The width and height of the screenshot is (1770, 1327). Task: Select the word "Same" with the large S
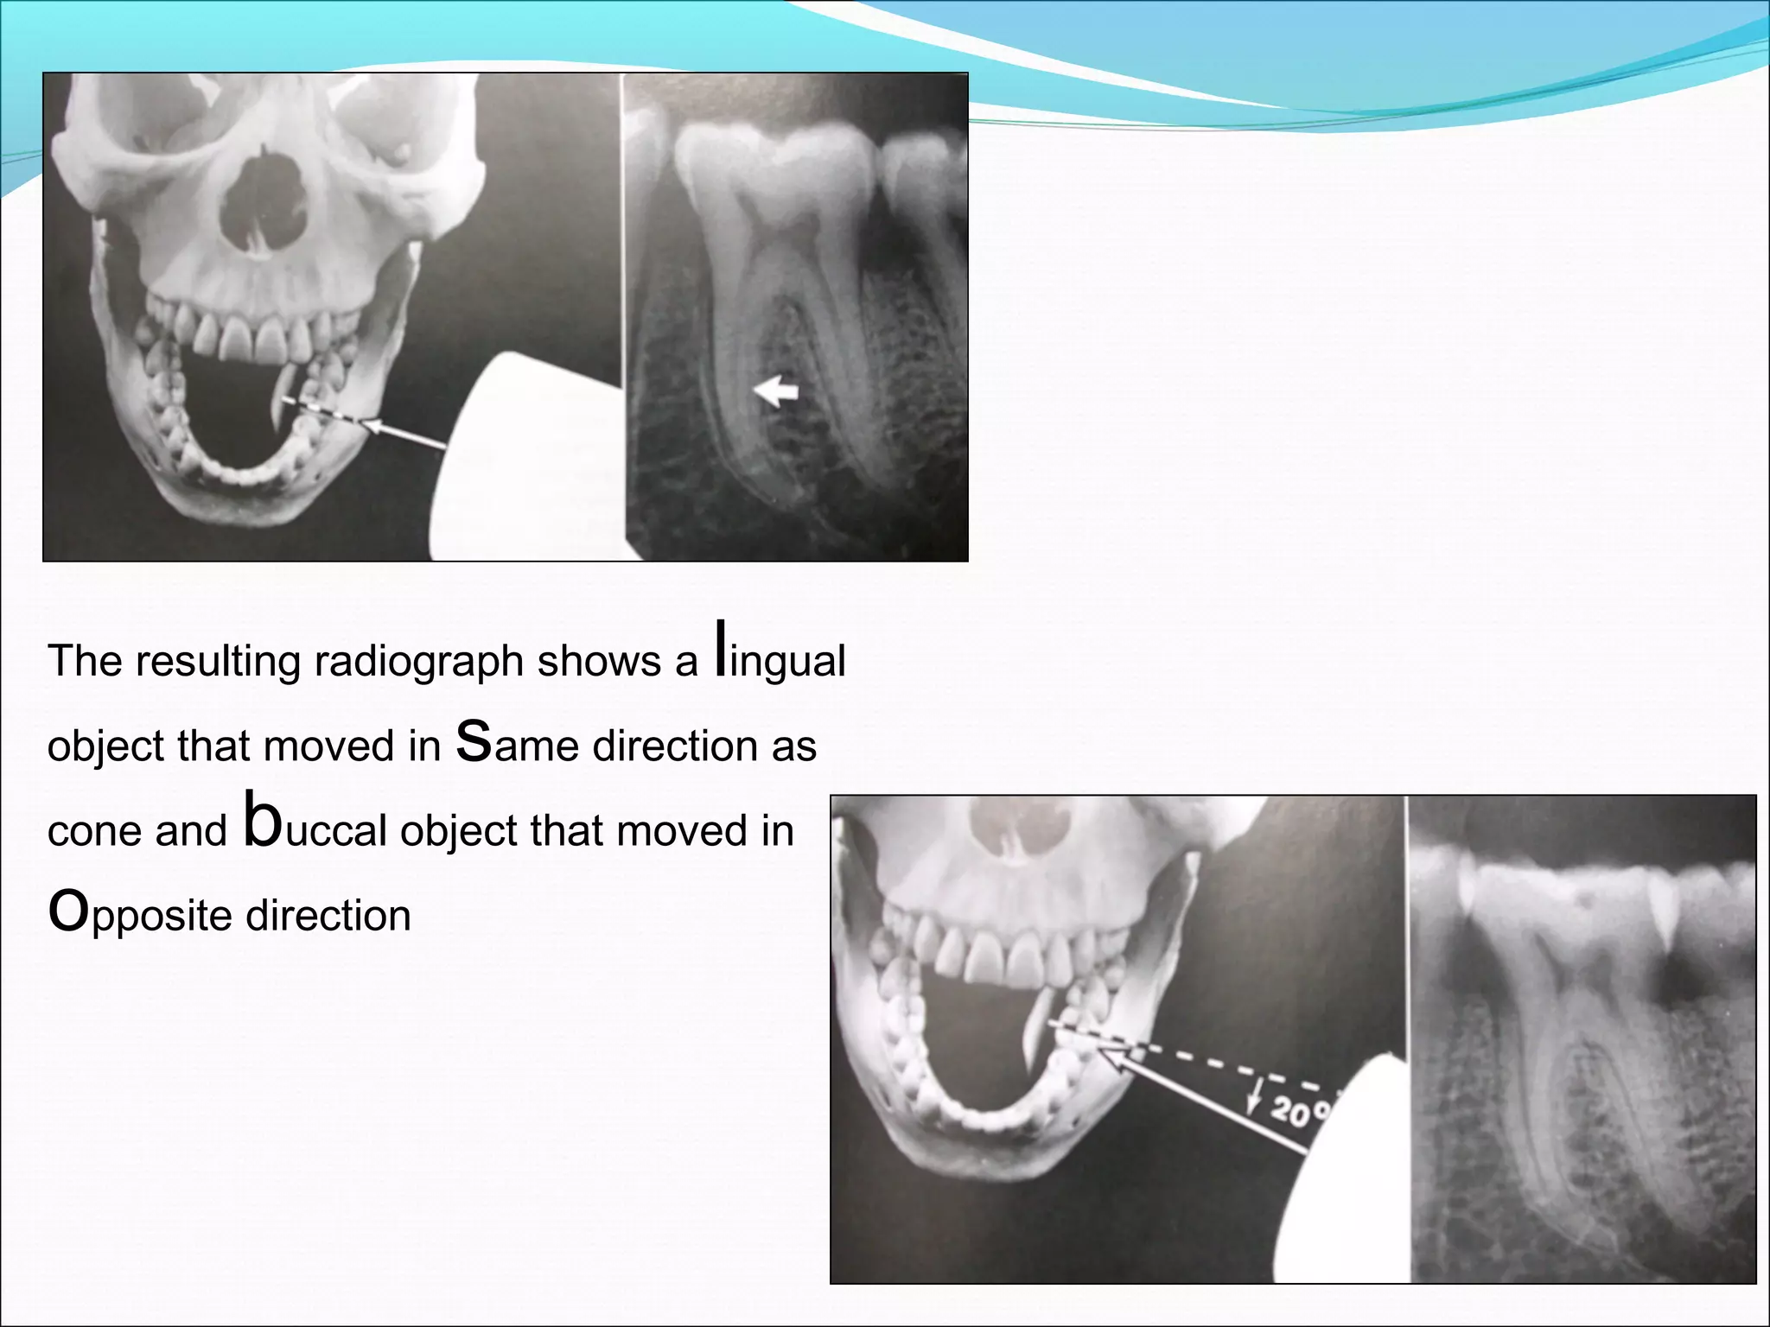click(516, 743)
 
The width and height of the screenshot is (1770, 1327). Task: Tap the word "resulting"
click(219, 662)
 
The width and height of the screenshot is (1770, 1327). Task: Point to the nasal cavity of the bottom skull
click(1003, 838)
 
